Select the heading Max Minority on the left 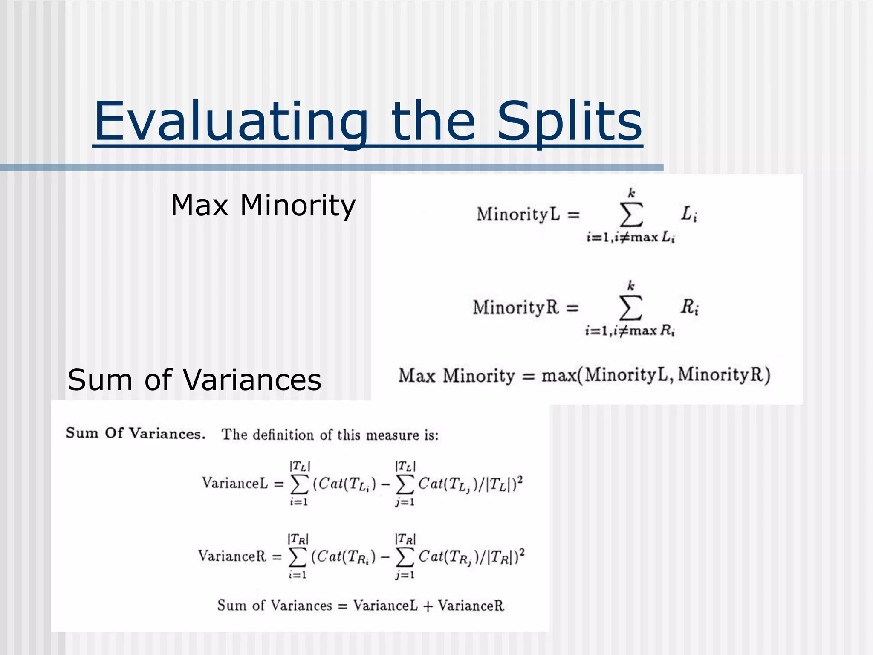(x=263, y=206)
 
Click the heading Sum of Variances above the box (x=194, y=380)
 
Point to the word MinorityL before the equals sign (x=518, y=214)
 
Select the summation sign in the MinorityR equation (x=630, y=307)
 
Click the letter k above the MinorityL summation (x=632, y=193)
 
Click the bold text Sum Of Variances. (x=136, y=433)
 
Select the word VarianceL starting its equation (x=235, y=484)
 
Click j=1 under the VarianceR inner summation (x=405, y=575)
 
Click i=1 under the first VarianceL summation (x=299, y=502)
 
